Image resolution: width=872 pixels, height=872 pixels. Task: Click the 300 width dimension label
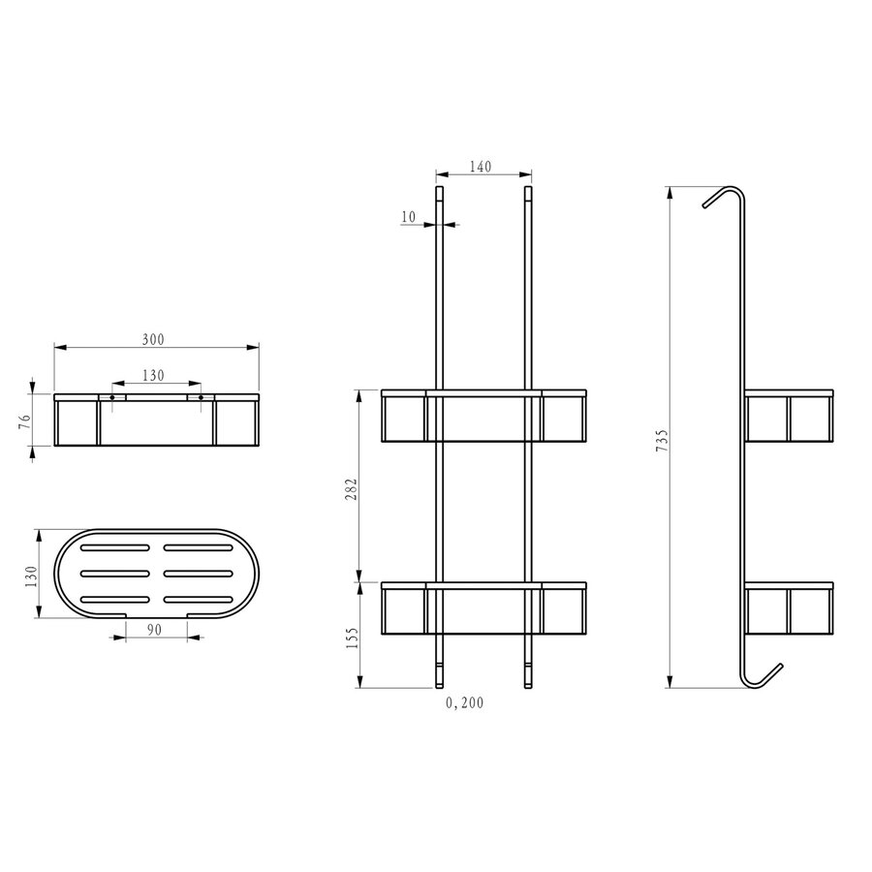coord(153,339)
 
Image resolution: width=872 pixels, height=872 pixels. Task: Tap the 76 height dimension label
coord(24,420)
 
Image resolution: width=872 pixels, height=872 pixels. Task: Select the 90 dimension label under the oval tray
coord(154,629)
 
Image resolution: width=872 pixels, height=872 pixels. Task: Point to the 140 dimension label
coord(481,167)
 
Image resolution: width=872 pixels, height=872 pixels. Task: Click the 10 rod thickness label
coord(408,217)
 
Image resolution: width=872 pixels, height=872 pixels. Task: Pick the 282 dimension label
coord(352,489)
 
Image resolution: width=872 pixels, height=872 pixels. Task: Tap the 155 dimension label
coord(352,638)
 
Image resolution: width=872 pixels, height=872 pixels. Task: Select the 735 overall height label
coord(662,440)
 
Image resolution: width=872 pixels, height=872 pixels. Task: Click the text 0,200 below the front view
coord(465,703)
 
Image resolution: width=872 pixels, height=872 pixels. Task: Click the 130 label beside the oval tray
coord(31,576)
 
